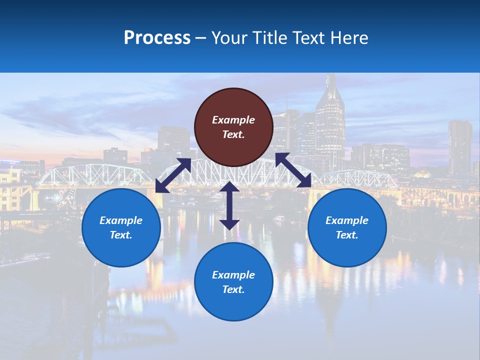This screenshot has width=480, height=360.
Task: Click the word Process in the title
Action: pos(157,38)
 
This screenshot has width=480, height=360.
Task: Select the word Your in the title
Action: pos(228,38)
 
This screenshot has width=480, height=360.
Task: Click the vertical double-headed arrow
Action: pos(229,205)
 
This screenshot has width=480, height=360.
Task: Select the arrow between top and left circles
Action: pos(173,175)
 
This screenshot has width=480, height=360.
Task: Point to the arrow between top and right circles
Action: pos(293,170)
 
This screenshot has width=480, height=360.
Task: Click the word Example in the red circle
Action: pos(233,120)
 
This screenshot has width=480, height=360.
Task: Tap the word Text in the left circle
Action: pos(121,235)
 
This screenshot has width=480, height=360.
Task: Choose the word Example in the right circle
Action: pos(347,220)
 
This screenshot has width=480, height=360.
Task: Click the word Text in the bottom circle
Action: pos(233,289)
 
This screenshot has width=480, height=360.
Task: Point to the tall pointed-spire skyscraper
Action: pos(330,120)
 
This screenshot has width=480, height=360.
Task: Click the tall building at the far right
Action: pos(459,147)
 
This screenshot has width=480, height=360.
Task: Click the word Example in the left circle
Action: pos(121,220)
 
